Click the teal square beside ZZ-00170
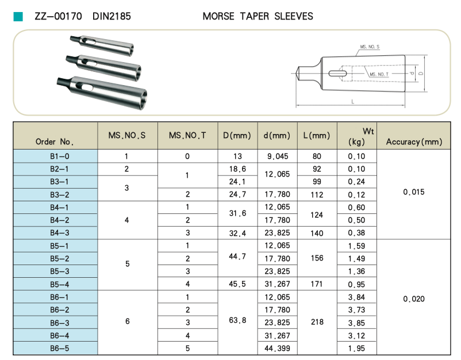point(18,17)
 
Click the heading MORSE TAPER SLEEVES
point(258,17)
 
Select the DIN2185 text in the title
point(112,17)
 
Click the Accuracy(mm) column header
point(414,141)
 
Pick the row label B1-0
point(55,156)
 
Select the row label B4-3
point(55,233)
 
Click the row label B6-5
point(55,348)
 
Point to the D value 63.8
point(237,320)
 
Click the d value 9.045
point(276,156)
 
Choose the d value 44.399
point(276,348)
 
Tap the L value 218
point(317,323)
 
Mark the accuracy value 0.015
point(414,192)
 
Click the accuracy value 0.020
point(414,298)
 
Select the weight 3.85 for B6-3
point(356,323)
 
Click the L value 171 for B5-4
point(317,284)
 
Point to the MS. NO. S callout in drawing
point(369,47)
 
